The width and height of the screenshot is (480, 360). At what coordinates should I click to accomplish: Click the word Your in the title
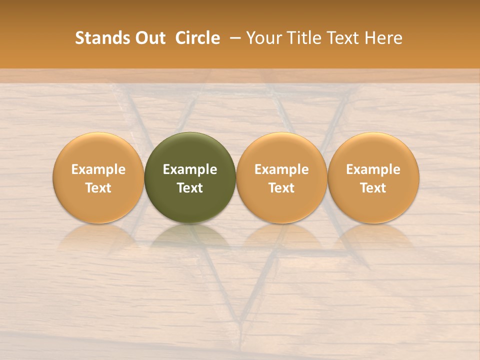[x=263, y=38]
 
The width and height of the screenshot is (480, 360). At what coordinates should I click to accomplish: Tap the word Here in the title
[x=381, y=38]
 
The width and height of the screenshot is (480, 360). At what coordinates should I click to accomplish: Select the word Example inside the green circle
[x=190, y=169]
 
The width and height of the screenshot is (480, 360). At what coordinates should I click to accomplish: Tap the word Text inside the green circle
[x=190, y=188]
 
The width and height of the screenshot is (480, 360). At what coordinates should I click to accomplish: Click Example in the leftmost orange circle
[x=98, y=169]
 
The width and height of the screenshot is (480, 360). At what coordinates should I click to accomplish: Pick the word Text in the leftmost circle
[x=98, y=188]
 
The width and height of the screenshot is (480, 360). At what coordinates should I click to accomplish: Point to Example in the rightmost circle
[x=373, y=169]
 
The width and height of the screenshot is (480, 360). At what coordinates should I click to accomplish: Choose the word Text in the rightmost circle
[x=373, y=188]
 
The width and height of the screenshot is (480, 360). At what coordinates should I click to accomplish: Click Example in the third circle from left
[x=281, y=169]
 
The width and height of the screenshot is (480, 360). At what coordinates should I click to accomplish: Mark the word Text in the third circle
[x=281, y=188]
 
